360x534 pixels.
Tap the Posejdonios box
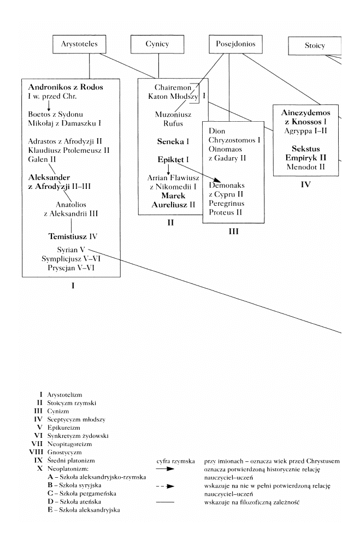coord(232,44)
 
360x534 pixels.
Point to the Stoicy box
coord(315,46)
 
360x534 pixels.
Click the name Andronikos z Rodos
coord(66,87)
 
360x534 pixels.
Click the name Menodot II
coord(305,167)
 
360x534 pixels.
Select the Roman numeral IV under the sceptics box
coord(305,185)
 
